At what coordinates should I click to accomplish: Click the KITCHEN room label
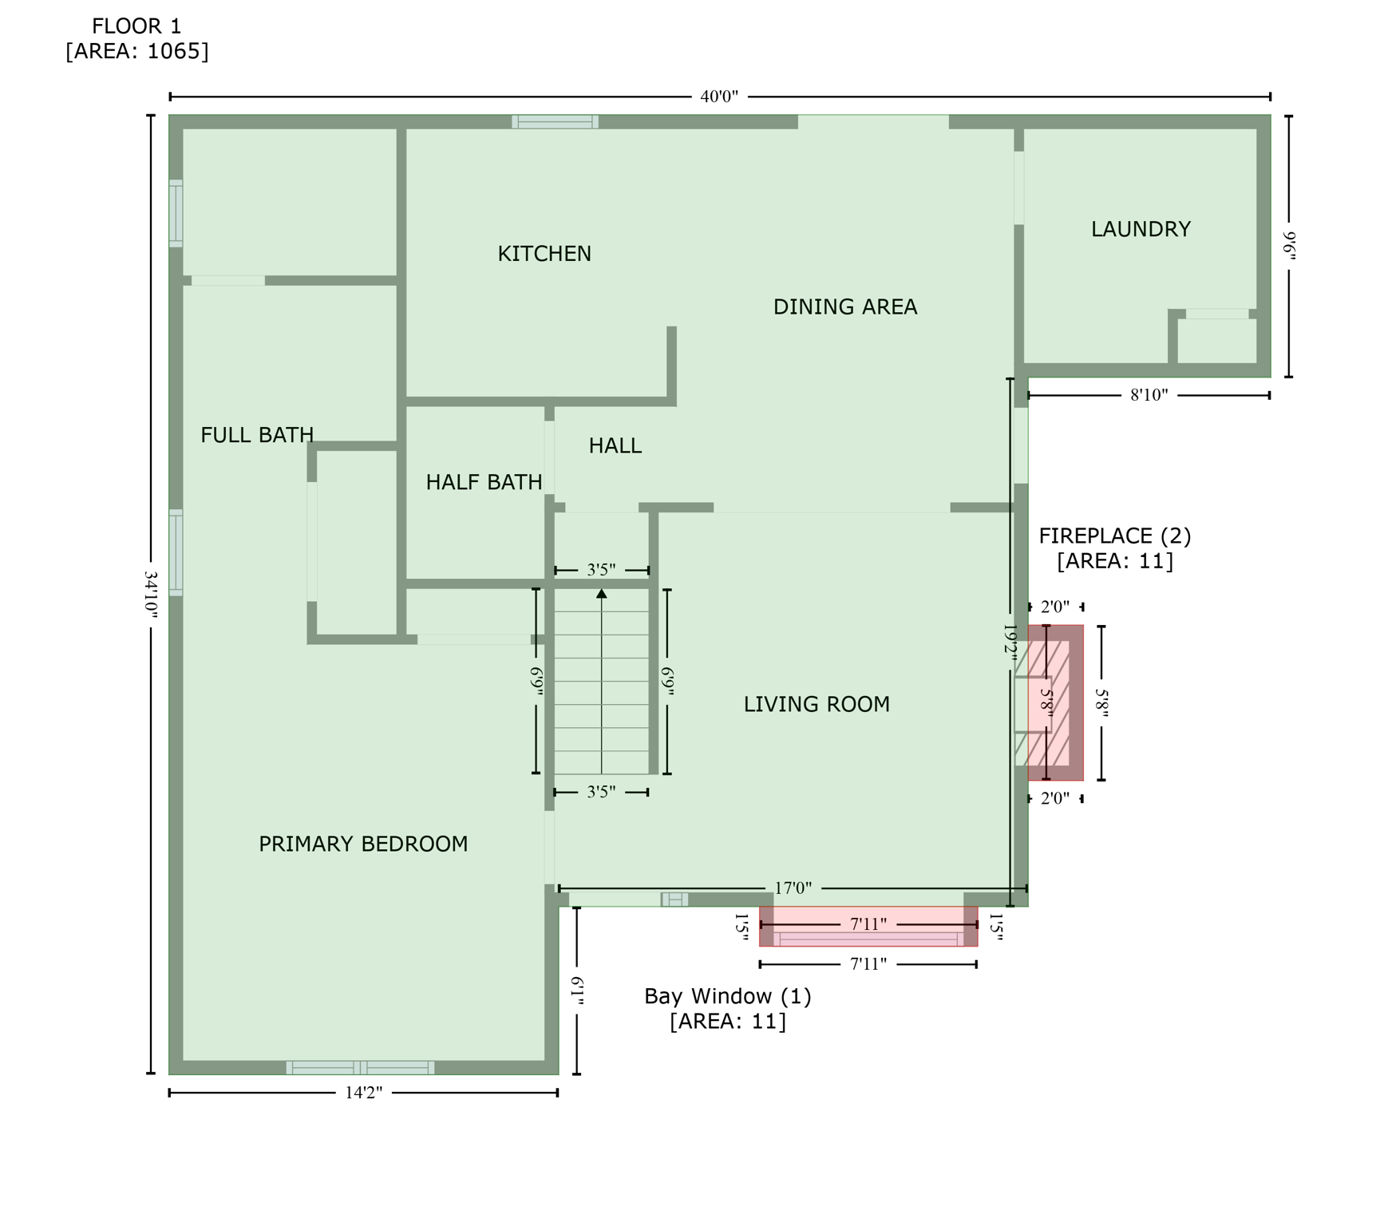pyautogui.click(x=544, y=254)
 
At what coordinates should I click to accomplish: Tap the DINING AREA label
pyautogui.click(x=844, y=307)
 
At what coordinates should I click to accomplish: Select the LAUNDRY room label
pyautogui.click(x=1140, y=230)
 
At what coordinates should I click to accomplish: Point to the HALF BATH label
pyautogui.click(x=484, y=482)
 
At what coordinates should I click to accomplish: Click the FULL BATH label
pyautogui.click(x=256, y=435)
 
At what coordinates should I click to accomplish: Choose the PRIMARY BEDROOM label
pyautogui.click(x=363, y=844)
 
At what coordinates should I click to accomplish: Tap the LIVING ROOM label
pyautogui.click(x=816, y=704)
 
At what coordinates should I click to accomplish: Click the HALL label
pyautogui.click(x=615, y=445)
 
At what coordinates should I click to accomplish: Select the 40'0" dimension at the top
pyautogui.click(x=718, y=97)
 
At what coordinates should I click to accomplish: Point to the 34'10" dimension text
pyautogui.click(x=151, y=595)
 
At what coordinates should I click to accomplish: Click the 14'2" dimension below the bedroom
pyautogui.click(x=363, y=1093)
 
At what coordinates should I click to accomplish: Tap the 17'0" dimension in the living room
pyautogui.click(x=793, y=888)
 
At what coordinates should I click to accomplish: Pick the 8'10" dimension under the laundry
pyautogui.click(x=1149, y=395)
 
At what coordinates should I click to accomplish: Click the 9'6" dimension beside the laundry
pyautogui.click(x=1289, y=245)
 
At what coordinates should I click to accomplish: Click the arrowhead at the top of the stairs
pyautogui.click(x=602, y=594)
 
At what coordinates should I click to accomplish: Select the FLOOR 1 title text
pyautogui.click(x=136, y=26)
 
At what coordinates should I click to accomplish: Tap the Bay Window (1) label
pyautogui.click(x=727, y=996)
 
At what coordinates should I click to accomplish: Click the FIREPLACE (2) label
pyautogui.click(x=1114, y=536)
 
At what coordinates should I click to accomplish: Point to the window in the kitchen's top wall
pyautogui.click(x=555, y=122)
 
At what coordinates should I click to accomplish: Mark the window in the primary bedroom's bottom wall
pyautogui.click(x=360, y=1067)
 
